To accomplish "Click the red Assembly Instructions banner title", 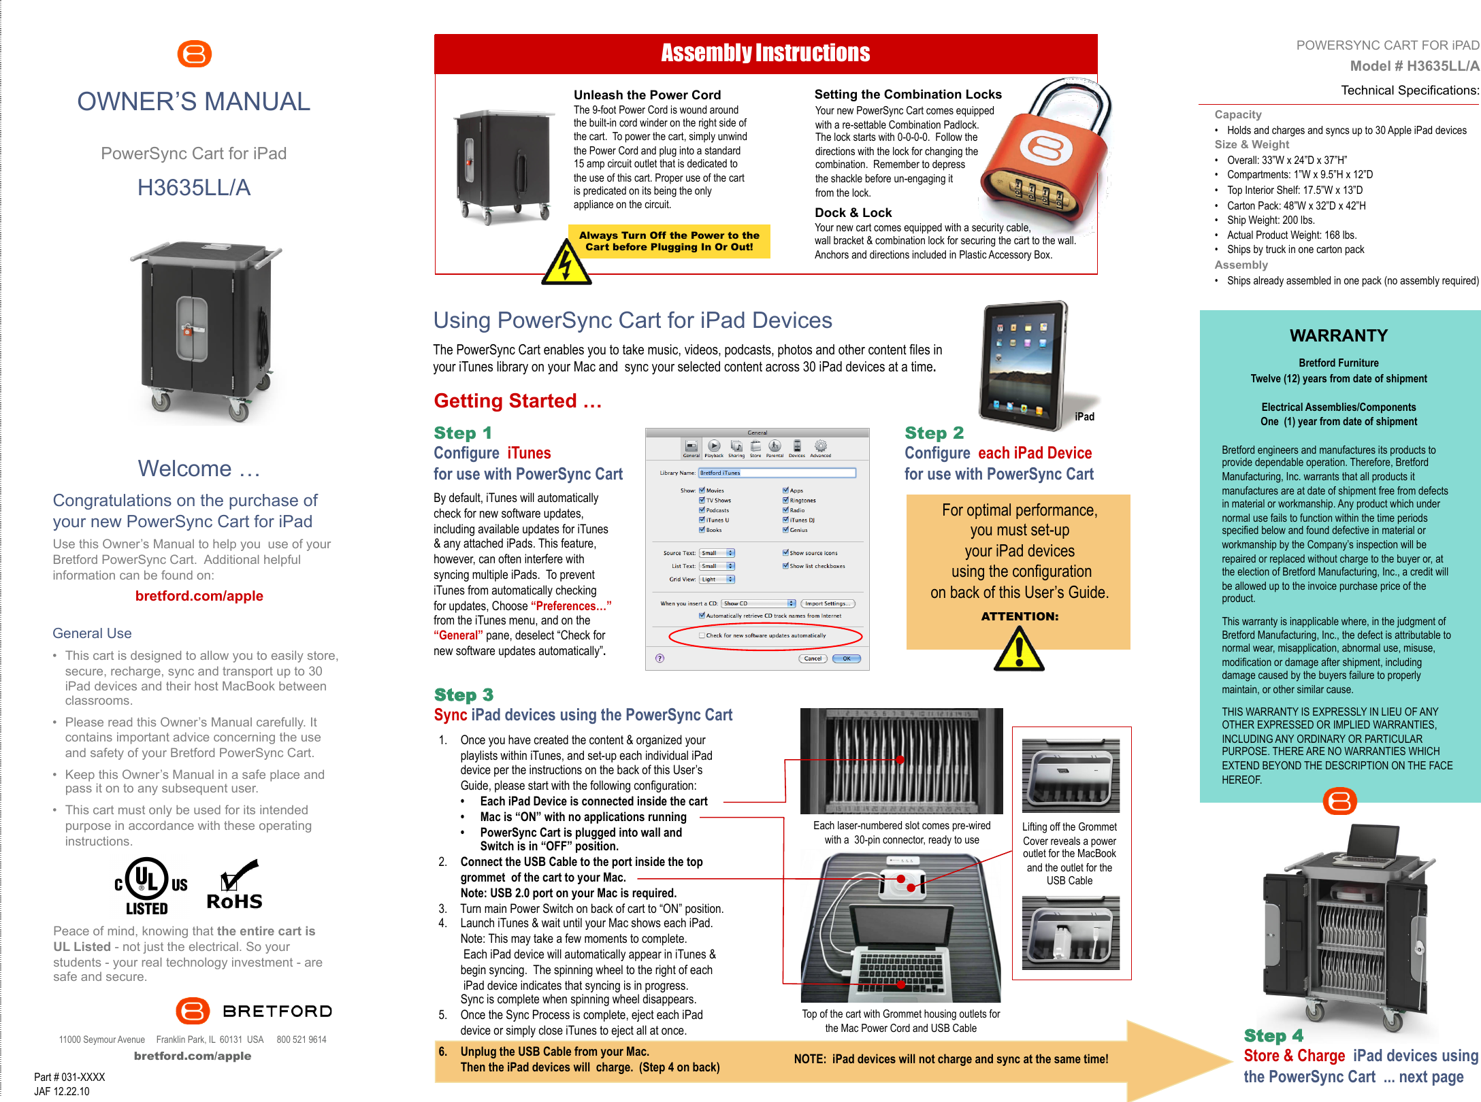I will (x=765, y=53).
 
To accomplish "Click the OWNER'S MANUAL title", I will (x=193, y=102).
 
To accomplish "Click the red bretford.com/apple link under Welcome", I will (x=199, y=596).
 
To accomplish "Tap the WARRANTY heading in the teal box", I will (x=1338, y=335).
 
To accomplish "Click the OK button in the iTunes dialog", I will (x=847, y=658).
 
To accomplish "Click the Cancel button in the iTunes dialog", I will (x=813, y=658).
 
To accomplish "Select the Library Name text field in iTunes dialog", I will (x=777, y=473).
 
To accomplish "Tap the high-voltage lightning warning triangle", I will (x=566, y=265).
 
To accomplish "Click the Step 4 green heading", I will (x=1273, y=1035).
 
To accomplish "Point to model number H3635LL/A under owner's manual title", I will (x=194, y=188).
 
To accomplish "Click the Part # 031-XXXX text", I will (x=69, y=1077).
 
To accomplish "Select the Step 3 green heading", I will (x=463, y=695).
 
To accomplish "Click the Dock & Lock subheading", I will (x=853, y=213).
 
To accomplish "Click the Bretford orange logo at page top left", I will (x=194, y=54).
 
